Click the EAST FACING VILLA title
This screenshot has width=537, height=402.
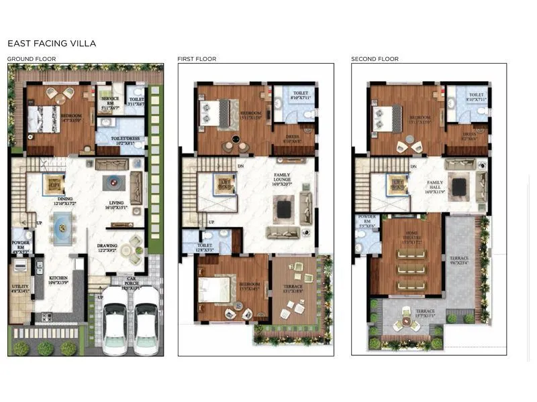(52, 44)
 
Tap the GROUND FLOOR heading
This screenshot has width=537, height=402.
(32, 59)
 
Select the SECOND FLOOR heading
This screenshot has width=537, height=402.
(375, 59)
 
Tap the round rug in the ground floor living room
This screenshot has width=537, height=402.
(111, 182)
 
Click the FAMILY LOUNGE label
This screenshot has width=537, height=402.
(282, 178)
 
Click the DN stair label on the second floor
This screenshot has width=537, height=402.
(413, 166)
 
